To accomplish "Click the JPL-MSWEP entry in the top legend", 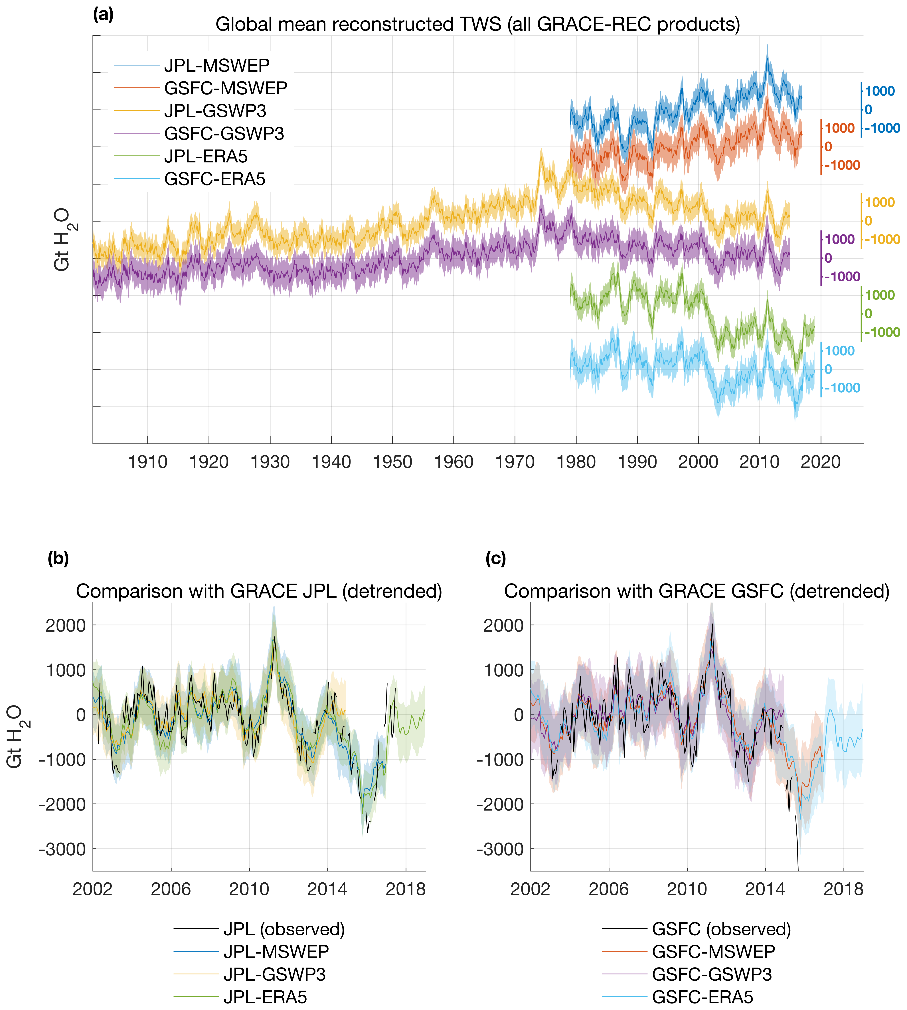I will (217, 65).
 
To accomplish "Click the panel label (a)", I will (103, 15).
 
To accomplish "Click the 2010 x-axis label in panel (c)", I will (687, 889).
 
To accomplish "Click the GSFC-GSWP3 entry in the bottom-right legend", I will (712, 974).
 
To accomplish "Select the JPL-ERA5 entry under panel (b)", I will (265, 997).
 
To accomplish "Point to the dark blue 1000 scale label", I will (880, 91).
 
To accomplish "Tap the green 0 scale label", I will (868, 314).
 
